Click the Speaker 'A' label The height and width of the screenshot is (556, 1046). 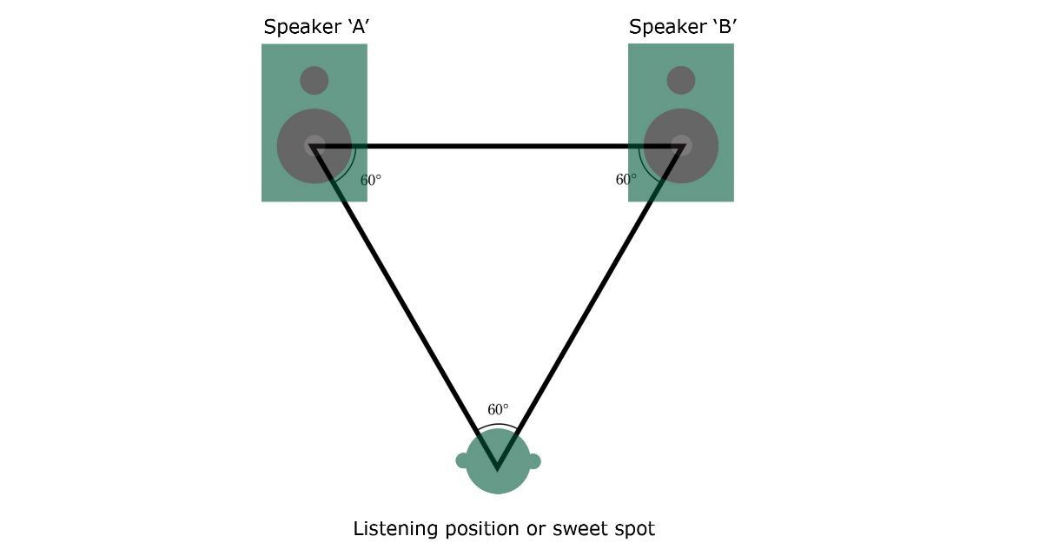tap(317, 27)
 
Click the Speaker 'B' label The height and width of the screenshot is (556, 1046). tap(683, 27)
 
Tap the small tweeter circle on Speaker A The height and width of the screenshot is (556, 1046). tap(314, 81)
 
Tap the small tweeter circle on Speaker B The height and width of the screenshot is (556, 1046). tap(681, 81)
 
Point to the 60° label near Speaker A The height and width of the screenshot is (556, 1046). tap(371, 181)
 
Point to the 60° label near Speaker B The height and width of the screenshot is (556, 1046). tap(626, 180)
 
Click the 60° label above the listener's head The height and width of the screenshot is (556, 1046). tap(498, 409)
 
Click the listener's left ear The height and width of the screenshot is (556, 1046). tap(462, 460)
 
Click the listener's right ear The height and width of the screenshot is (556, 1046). tap(533, 460)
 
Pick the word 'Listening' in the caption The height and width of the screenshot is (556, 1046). tap(394, 529)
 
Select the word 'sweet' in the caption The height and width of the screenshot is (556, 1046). tap(579, 529)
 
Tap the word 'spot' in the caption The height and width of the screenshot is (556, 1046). tap(634, 529)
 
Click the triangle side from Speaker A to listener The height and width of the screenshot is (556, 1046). tap(404, 304)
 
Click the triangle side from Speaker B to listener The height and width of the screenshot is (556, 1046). tap(591, 304)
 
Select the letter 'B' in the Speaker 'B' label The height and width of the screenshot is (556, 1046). tap(724, 27)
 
